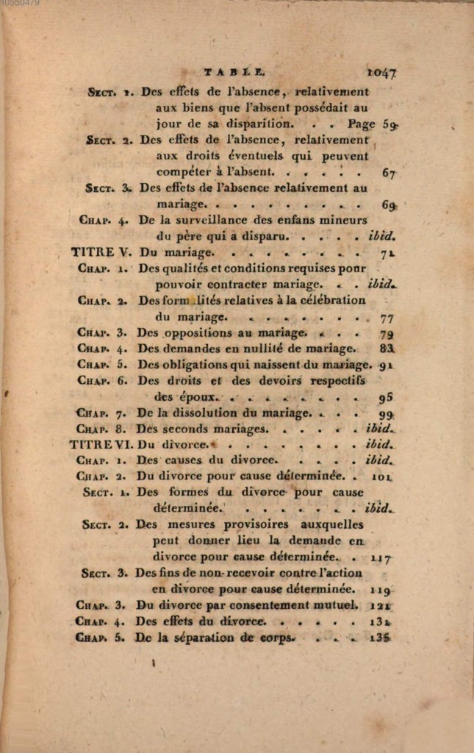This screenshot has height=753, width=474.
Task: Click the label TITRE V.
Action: (101, 251)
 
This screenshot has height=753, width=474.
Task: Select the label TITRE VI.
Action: (101, 444)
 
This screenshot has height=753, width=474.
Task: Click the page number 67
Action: (389, 173)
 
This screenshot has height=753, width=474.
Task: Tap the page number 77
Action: (388, 318)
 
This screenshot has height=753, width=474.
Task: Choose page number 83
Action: (387, 349)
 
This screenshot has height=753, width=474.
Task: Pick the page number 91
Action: (387, 365)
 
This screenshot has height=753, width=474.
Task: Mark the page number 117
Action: (381, 558)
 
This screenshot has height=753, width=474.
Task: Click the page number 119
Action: (381, 590)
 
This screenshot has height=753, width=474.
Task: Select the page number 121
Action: (381, 606)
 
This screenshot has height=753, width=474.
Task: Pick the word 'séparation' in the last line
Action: (204, 638)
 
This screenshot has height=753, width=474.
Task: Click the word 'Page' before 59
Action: (362, 124)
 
